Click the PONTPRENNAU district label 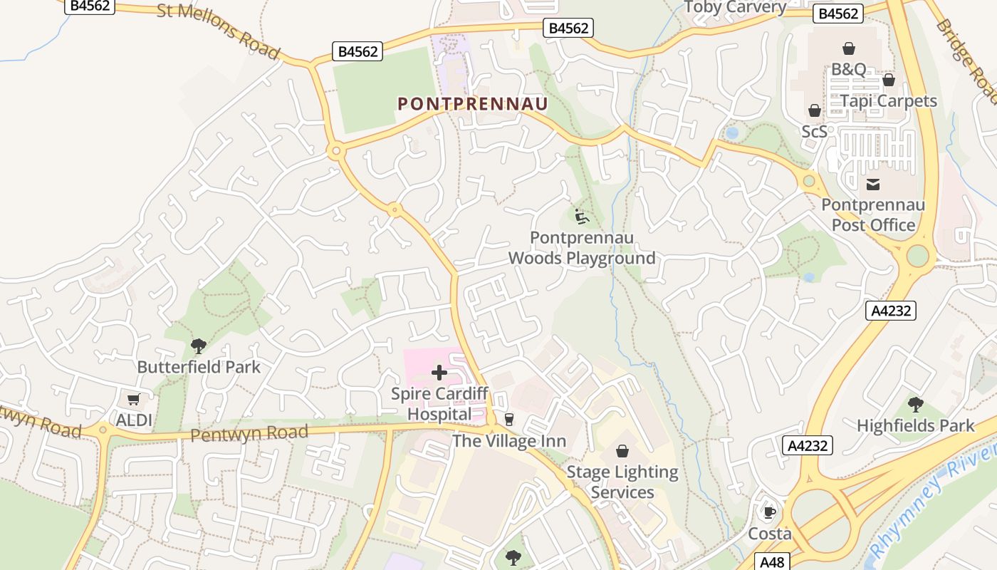473,104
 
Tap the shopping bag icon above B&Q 848,48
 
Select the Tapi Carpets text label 888,100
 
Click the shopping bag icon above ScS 814,111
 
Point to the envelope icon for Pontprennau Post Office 872,185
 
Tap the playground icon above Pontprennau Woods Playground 582,215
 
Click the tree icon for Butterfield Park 199,346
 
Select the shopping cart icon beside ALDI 133,399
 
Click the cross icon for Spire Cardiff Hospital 439,373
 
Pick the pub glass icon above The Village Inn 508,420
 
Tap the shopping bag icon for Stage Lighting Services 622,451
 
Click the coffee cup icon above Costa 769,512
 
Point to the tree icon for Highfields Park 916,405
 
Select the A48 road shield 771,561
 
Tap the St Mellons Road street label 218,31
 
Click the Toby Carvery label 734,8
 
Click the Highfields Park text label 915,426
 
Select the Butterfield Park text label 199,368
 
